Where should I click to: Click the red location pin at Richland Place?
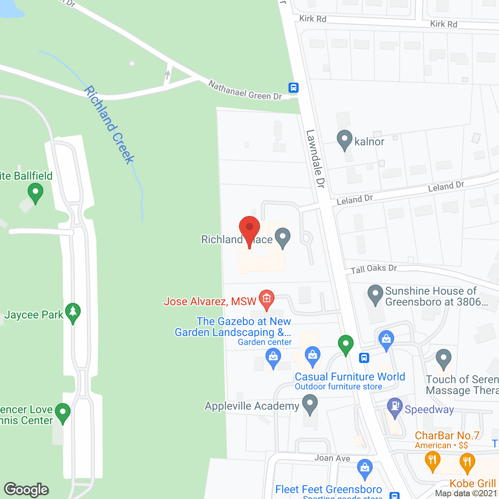[x=249, y=228]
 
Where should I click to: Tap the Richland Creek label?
[x=110, y=125]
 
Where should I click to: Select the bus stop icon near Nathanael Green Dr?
[x=294, y=88]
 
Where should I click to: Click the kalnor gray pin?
[x=344, y=139]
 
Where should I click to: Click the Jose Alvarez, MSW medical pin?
[x=267, y=299]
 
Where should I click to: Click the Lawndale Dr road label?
[x=315, y=159]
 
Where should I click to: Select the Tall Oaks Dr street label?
[x=373, y=269]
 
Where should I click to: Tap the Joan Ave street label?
[x=332, y=458]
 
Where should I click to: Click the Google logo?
[x=27, y=490]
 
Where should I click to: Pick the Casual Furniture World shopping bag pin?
[x=312, y=356]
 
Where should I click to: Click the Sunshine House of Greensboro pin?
[x=375, y=294]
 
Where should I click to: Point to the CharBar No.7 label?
[x=447, y=435]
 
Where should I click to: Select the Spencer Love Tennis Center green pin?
[x=62, y=412]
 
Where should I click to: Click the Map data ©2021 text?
[x=466, y=493]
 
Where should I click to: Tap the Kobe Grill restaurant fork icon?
[x=467, y=462]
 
